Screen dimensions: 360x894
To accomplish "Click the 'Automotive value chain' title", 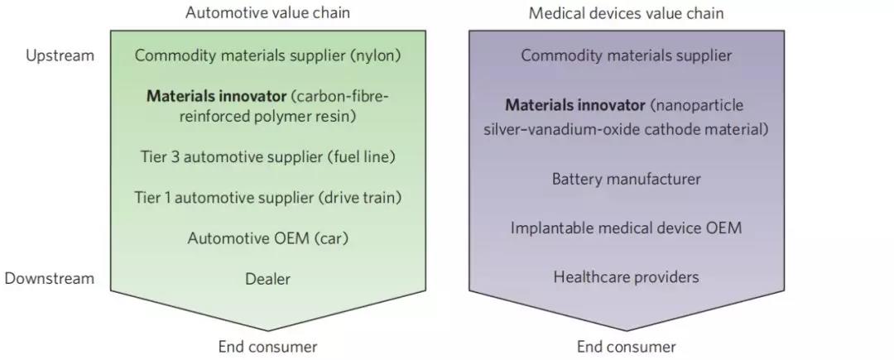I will (267, 12).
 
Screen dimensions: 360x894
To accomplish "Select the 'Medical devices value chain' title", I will (626, 12).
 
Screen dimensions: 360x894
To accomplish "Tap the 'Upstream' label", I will (60, 56).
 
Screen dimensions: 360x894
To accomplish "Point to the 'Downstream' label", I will (50, 278).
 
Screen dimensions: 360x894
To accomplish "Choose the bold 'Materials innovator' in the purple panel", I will (574, 106).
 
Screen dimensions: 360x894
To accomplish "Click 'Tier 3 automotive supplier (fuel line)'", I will (267, 156).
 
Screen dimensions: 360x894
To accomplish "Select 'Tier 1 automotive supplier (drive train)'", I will (267, 197).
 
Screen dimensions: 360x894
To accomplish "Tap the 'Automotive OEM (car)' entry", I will (267, 238).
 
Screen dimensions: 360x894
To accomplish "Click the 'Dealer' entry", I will (267, 279).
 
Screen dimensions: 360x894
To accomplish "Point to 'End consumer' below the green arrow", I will (267, 347).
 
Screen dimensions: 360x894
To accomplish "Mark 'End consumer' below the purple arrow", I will (626, 347).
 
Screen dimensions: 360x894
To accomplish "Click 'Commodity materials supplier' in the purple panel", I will (626, 56).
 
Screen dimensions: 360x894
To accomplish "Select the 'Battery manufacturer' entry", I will (626, 179).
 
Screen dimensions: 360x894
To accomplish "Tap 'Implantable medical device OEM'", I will (626, 228).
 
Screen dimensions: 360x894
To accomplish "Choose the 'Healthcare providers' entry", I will (626, 276).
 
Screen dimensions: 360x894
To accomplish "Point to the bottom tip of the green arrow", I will (267, 329).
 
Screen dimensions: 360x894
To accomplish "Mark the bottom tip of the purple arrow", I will (626, 329).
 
